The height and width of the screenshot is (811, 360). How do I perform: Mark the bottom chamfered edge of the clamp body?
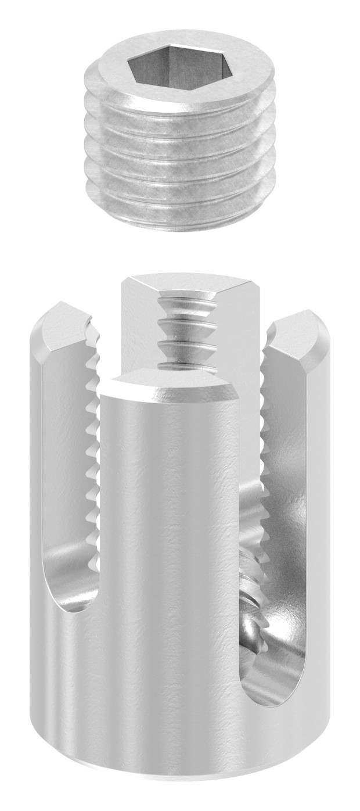point(174,787)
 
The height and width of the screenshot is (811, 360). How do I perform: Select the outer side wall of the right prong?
point(325,494)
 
